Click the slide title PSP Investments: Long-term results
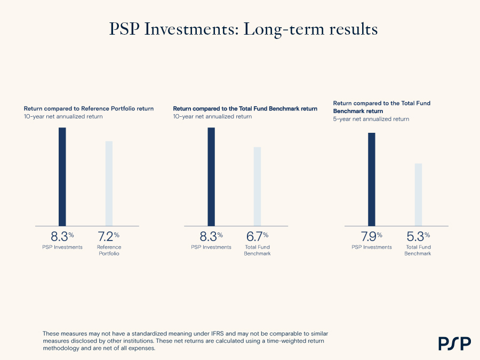tap(243, 29)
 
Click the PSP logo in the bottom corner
tap(454, 343)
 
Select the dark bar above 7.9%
tap(371, 179)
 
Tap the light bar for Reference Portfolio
tap(109, 183)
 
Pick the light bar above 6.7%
tap(257, 187)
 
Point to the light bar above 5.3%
tap(418, 195)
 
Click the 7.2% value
tap(108, 236)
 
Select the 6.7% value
tap(257, 236)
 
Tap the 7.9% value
tap(371, 236)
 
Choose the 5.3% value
tap(418, 236)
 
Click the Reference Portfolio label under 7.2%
tap(109, 250)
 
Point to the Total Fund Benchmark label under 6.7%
tap(257, 250)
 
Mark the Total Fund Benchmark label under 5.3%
tap(418, 250)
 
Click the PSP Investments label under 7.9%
tap(372, 247)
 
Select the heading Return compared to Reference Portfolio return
tap(89, 109)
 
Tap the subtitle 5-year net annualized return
tap(371, 119)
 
